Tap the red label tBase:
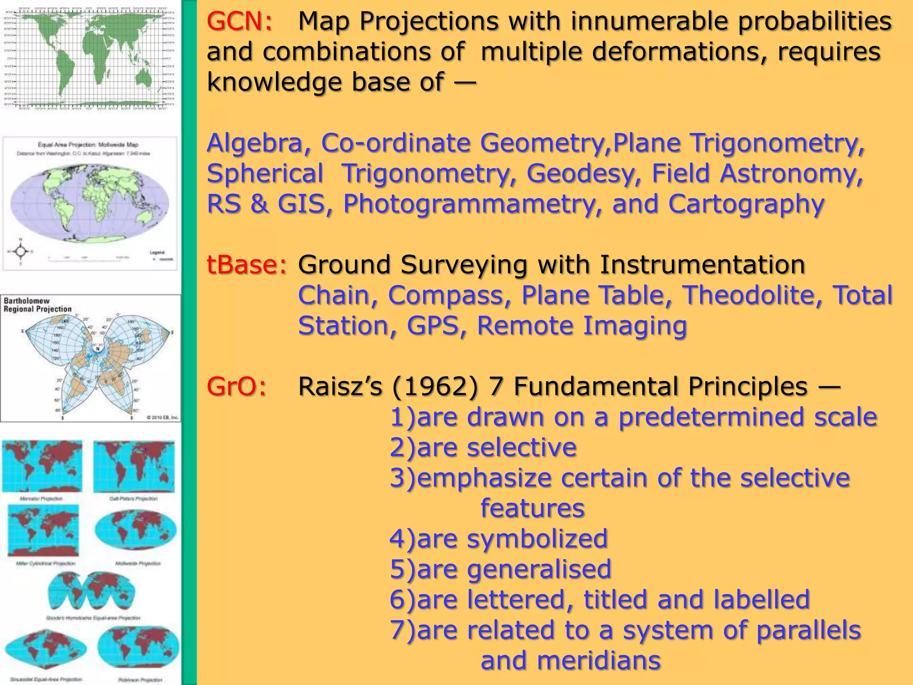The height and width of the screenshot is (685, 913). coord(247,265)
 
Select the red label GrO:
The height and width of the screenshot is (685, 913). coord(236,386)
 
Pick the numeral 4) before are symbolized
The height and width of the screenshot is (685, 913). coord(402,539)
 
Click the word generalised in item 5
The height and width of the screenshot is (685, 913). coord(539,569)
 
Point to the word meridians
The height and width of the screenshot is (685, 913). coord(599,660)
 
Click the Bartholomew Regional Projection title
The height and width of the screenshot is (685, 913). coord(37,305)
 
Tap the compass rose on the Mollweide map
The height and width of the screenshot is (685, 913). coord(20,252)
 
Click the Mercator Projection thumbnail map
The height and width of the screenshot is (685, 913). coord(42,466)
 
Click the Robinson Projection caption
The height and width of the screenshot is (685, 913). coord(140,680)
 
